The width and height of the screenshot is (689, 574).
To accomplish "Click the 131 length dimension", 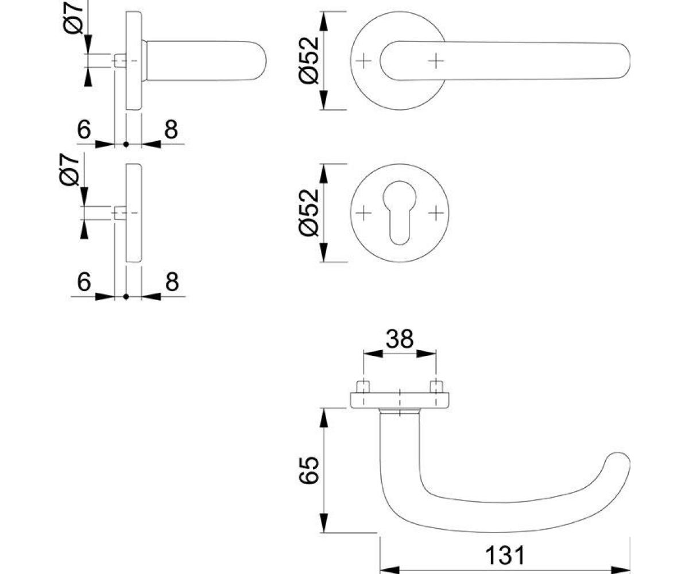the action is click(x=505, y=555).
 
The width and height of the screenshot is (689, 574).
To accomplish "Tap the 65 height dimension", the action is click(x=309, y=470).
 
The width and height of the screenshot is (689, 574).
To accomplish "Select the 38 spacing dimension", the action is click(x=399, y=339).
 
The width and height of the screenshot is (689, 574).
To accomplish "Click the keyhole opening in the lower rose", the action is click(x=399, y=213).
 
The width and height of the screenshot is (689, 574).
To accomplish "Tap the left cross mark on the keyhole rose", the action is click(x=363, y=213).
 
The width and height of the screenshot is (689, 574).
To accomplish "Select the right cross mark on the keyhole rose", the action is click(x=436, y=213).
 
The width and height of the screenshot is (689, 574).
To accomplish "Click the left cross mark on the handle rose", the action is click(x=363, y=61).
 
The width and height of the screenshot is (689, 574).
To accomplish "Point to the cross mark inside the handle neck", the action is click(x=436, y=61).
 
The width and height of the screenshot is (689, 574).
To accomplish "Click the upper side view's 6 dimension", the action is click(x=84, y=130).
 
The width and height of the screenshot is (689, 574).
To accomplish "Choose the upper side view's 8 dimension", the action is click(x=171, y=130).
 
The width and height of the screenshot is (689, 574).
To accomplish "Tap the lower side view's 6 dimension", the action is click(x=84, y=282).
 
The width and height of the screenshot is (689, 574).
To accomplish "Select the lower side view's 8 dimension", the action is click(x=172, y=282).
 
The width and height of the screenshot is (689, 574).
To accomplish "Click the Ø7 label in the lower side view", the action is click(x=69, y=169).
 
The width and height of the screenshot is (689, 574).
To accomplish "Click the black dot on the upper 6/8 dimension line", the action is click(x=126, y=145).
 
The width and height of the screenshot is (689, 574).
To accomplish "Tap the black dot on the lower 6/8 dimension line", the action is click(x=126, y=297).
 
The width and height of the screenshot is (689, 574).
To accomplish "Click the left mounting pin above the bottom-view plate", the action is click(x=363, y=387).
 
